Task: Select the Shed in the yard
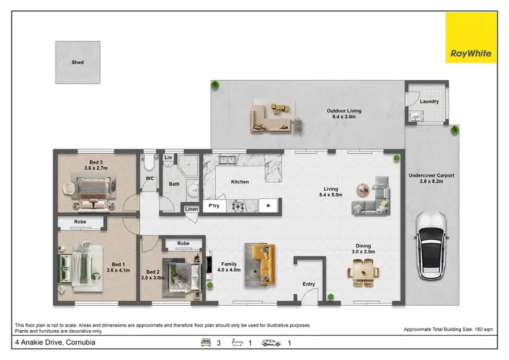tap(77, 62)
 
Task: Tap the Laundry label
tap(429, 102)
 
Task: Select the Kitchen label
tap(240, 182)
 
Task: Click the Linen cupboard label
tap(191, 209)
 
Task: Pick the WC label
tap(151, 179)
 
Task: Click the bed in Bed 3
tap(88, 191)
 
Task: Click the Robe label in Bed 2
tap(183, 243)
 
